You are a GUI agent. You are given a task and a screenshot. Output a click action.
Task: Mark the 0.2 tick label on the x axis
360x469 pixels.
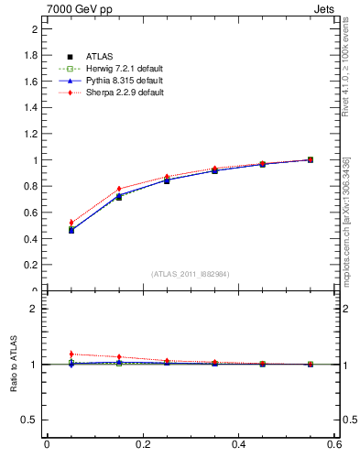(x=142, y=444)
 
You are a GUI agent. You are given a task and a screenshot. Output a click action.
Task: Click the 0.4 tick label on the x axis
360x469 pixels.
(x=238, y=444)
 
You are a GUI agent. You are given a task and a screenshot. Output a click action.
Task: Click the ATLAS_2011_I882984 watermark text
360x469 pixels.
(x=191, y=274)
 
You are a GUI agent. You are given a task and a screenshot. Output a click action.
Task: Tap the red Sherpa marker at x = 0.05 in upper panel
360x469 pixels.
(x=71, y=223)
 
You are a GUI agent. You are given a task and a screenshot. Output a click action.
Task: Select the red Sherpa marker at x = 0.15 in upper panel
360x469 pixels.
(x=119, y=190)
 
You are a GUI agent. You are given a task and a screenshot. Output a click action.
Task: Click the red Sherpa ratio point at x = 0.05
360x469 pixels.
(x=71, y=354)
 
